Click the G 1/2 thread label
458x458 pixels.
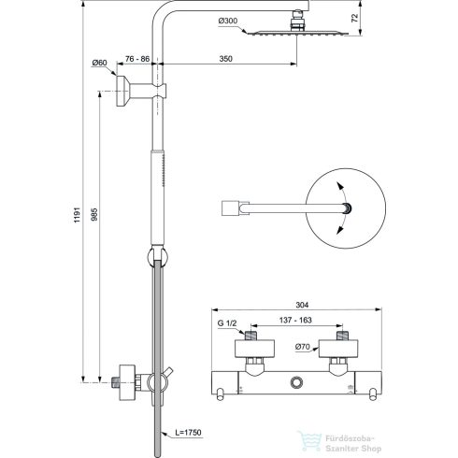tap(228, 323)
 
